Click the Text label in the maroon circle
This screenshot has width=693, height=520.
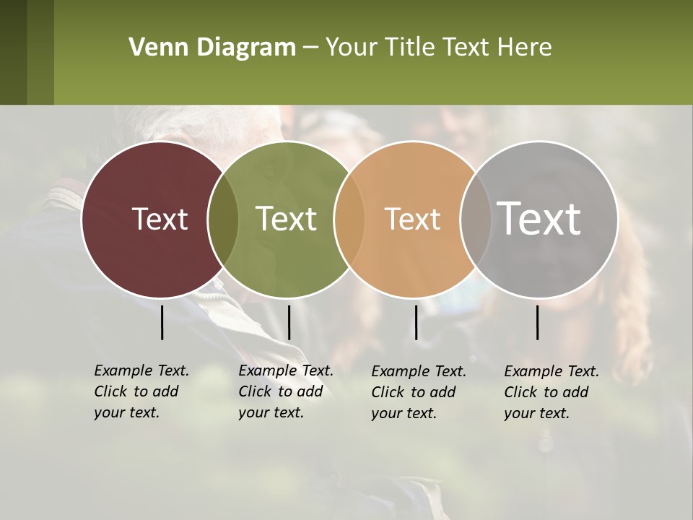pos(160,219)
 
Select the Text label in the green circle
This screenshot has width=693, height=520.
pos(286,219)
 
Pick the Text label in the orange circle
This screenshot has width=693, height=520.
pos(412,219)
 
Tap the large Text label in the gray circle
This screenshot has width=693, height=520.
pos(539,219)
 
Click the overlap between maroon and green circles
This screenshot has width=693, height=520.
pos(222,219)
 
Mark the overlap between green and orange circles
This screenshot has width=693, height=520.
pos(349,219)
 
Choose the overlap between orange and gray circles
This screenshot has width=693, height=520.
pos(474,219)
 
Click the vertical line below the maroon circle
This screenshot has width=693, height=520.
pos(162,322)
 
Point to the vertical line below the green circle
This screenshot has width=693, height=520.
pos(289,322)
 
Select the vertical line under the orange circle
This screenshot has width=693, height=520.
pos(416,322)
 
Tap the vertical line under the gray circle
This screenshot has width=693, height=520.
pos(537,322)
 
